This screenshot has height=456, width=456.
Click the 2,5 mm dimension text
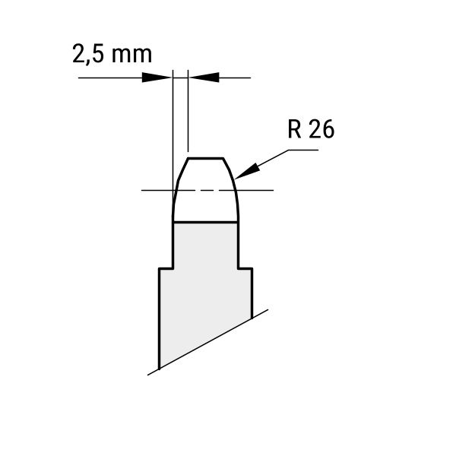click(112, 54)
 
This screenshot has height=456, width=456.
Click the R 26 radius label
click(311, 129)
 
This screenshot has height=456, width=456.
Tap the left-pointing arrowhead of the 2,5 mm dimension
click(204, 78)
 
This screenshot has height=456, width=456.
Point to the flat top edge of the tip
click(205, 159)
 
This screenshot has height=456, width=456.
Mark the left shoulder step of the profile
click(166, 268)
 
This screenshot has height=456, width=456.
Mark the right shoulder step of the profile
click(245, 268)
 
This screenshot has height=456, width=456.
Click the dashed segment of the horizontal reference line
click(205, 190)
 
